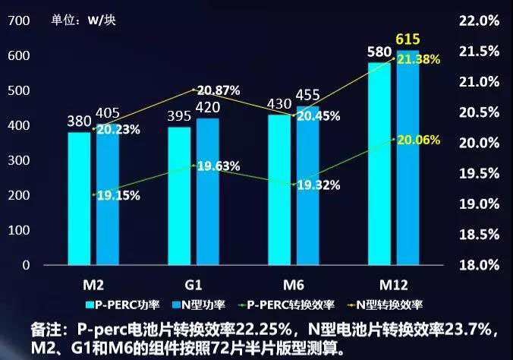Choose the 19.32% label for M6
[x=318, y=185]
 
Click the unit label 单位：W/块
[x=88, y=20]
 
